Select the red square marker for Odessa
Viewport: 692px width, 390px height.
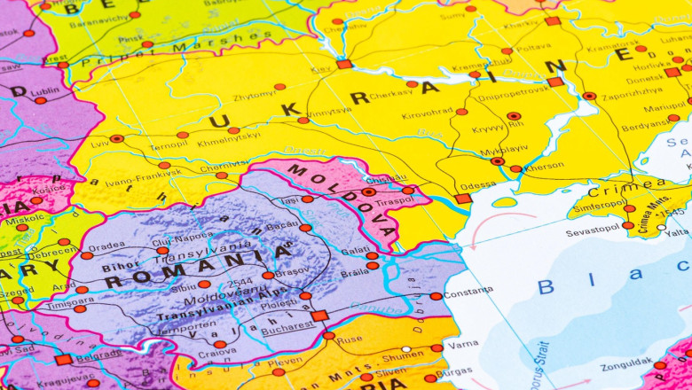pyautogui.click(x=463, y=199)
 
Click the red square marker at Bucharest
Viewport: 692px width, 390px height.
pyautogui.click(x=319, y=316)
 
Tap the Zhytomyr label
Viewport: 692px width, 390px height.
pyautogui.click(x=253, y=94)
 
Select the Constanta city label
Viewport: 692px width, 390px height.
pyautogui.click(x=468, y=292)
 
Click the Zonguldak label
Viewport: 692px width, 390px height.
pyautogui.click(x=626, y=364)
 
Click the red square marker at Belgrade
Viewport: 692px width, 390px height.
pyautogui.click(x=63, y=359)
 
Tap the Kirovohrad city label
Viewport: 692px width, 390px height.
pyautogui.click(x=427, y=113)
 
